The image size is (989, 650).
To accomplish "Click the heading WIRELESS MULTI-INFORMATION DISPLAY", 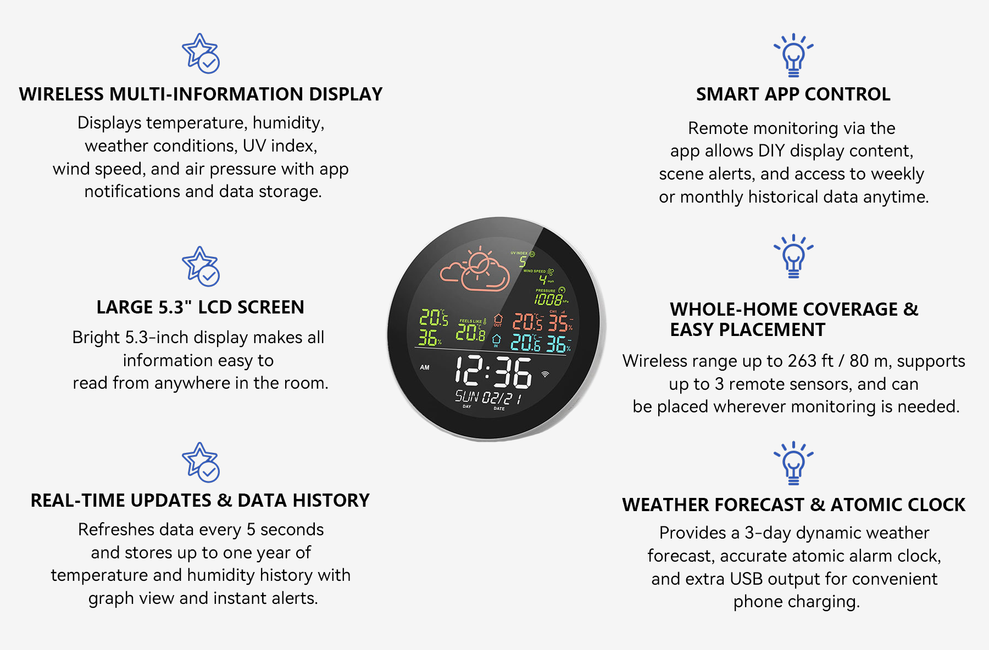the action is click(201, 94).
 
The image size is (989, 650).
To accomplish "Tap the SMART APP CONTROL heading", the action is click(793, 94).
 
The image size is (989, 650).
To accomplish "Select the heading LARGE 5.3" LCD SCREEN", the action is click(200, 307).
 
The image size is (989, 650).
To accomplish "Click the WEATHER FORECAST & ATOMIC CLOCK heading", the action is click(793, 505).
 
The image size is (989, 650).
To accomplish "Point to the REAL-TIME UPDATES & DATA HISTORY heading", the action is click(200, 501).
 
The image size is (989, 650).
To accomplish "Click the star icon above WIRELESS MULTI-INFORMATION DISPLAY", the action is click(201, 53).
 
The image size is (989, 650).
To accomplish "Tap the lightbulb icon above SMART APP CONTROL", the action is click(793, 55).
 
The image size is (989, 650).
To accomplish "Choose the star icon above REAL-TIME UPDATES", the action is click(201, 462).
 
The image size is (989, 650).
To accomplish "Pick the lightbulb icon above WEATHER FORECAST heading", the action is click(793, 463).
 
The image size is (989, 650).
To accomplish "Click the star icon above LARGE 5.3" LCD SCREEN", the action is click(201, 266).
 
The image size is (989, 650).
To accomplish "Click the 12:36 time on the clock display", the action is click(493, 372).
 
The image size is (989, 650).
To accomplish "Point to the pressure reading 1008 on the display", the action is click(548, 299).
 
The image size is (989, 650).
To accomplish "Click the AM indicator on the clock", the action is click(425, 367).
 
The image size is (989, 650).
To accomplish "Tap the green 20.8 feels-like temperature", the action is click(470, 332).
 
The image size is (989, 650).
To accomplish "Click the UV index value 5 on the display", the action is click(523, 262).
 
